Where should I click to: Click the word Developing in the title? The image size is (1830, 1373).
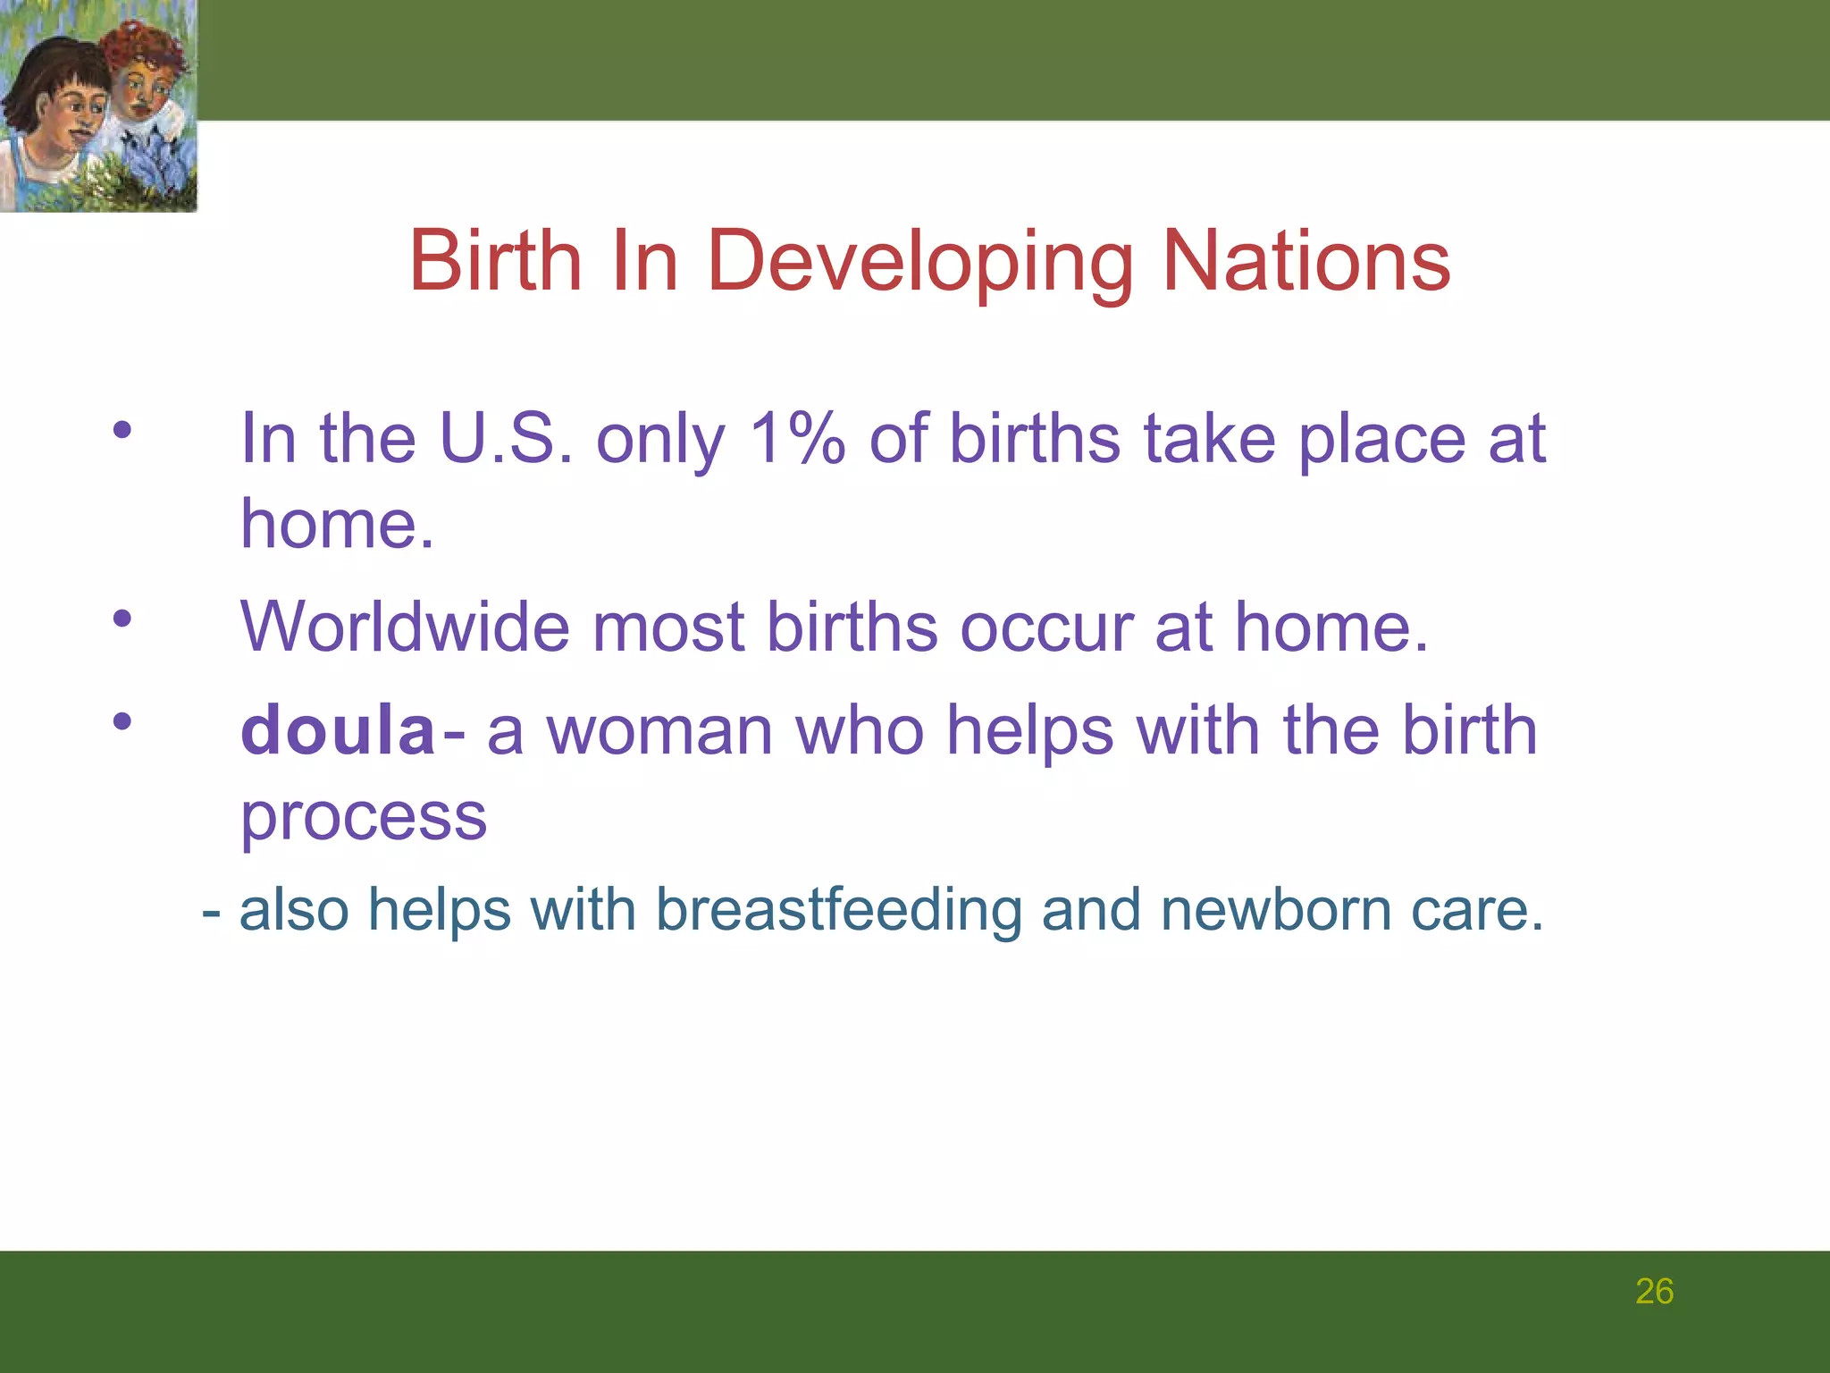coord(919,262)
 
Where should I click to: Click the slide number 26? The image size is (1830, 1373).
coord(1654,1292)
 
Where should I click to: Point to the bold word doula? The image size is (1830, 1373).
coord(338,730)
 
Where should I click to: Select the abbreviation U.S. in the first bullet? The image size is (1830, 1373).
coord(506,439)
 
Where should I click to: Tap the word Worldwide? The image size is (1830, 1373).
coord(404,627)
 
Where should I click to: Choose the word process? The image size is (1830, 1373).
coord(364,818)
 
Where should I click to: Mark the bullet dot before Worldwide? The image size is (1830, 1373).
coord(122,618)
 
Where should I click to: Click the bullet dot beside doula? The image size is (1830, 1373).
coord(122,720)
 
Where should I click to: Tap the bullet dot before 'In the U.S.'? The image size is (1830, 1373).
coord(122,430)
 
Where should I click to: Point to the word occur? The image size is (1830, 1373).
coord(1046,627)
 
